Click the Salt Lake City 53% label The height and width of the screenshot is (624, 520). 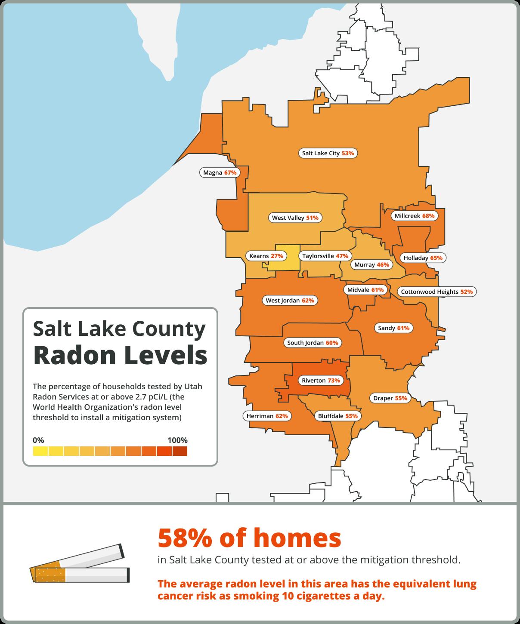328,153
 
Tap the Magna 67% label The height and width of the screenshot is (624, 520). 220,173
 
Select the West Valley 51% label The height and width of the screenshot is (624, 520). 295,218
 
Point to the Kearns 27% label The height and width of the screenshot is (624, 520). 266,256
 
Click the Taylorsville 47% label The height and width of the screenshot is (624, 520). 325,256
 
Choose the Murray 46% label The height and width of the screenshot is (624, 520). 371,265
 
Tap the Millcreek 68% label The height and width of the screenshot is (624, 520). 414,216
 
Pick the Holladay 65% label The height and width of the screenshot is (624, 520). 423,258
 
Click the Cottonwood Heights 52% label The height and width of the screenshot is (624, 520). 436,292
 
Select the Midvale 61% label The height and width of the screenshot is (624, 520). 365,290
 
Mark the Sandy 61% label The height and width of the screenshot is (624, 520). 393,328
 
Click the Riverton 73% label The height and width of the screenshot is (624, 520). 321,381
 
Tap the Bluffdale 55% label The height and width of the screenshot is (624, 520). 337,416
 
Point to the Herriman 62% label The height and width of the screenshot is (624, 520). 267,416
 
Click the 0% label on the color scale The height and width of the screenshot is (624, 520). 38,440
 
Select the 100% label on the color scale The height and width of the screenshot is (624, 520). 177,440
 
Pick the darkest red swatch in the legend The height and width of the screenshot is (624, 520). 180,451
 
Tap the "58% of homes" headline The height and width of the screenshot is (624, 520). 249,538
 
